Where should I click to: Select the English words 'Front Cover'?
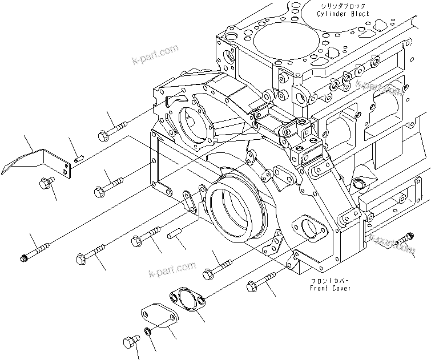tap(331, 289)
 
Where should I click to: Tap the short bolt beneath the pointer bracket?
tap(45, 184)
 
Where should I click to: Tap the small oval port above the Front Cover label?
tap(309, 228)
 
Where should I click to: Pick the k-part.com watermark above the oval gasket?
tap(171, 268)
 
